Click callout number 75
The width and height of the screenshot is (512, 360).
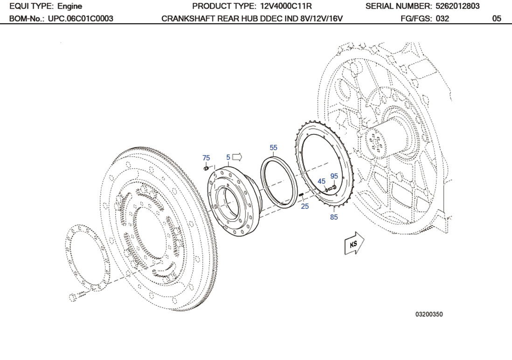click(x=206, y=158)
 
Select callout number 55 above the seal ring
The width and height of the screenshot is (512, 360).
click(x=273, y=148)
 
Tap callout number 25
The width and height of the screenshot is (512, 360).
click(x=304, y=206)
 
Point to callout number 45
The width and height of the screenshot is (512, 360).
click(x=321, y=181)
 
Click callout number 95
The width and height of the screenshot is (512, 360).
click(x=334, y=176)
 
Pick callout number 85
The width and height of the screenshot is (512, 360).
click(x=334, y=217)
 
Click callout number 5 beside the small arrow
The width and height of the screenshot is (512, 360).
click(x=228, y=157)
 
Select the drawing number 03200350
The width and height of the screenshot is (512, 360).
click(x=429, y=314)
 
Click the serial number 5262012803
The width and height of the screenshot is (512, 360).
click(x=455, y=7)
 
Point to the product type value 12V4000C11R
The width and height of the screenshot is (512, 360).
click(x=285, y=7)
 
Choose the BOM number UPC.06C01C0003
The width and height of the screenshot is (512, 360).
click(x=80, y=19)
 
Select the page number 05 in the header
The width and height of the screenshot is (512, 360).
click(x=497, y=19)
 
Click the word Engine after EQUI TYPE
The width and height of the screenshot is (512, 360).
click(x=69, y=7)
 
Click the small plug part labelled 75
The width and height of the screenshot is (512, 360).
click(x=207, y=167)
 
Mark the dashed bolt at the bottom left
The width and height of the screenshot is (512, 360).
click(x=78, y=296)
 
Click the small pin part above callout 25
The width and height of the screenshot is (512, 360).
click(x=301, y=195)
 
